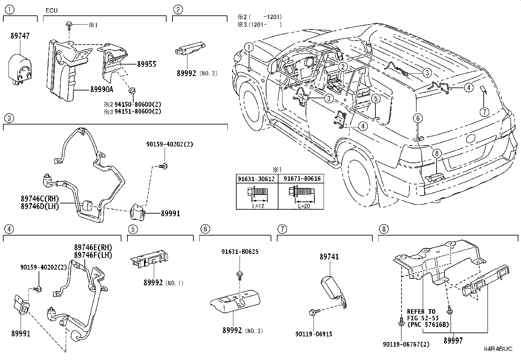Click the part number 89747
pos(20,36)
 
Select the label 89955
pos(146,64)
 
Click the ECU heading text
pos(51,10)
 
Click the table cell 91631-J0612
pos(257,179)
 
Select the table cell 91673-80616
pos(302,179)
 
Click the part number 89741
pos(329,257)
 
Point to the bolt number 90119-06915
pos(314,334)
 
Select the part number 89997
pos(453,341)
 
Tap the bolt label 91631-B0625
pos(240,252)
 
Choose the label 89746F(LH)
pos(93,255)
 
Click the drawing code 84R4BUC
pos(498,349)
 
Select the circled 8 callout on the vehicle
pos(437,153)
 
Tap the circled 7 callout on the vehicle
pos(484,112)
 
